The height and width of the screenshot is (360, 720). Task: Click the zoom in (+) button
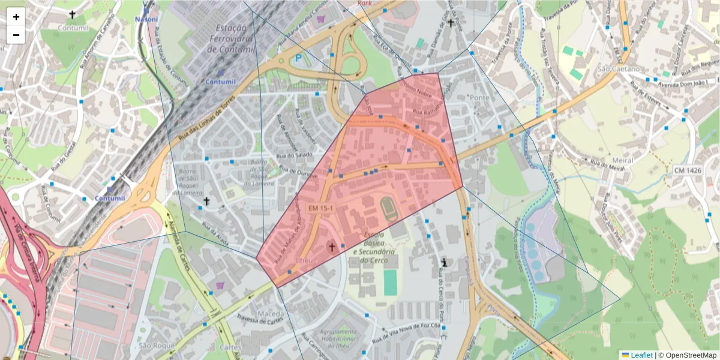(16, 17)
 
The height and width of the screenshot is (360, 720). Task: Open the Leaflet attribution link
(641, 355)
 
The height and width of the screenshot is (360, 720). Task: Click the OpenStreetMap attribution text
(691, 355)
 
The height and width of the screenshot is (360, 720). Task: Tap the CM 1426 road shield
(687, 170)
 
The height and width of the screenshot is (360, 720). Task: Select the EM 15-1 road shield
(321, 208)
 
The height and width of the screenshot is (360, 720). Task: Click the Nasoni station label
(146, 19)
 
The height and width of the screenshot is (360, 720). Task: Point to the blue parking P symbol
(298, 58)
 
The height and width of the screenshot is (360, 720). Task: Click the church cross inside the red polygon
(331, 247)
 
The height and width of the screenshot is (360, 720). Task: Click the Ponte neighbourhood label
(480, 97)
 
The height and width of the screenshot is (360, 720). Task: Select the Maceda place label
(270, 314)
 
